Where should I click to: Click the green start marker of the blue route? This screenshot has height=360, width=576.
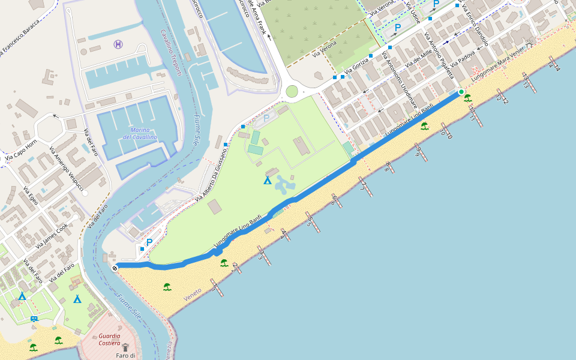click(461, 92)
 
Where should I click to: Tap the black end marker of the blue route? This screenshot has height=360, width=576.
click(114, 268)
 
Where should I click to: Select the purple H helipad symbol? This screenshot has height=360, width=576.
click(118, 44)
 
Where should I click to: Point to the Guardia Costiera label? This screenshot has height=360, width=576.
click(109, 340)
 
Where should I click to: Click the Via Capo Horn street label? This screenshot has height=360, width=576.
click(21, 151)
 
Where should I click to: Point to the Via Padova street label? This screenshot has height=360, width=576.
click(463, 58)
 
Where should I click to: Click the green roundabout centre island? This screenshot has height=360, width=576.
click(292, 91)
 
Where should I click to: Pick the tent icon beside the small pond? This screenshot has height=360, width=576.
click(268, 180)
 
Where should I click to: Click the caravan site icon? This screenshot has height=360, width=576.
click(34, 319)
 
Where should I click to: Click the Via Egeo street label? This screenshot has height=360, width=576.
click(30, 195)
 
